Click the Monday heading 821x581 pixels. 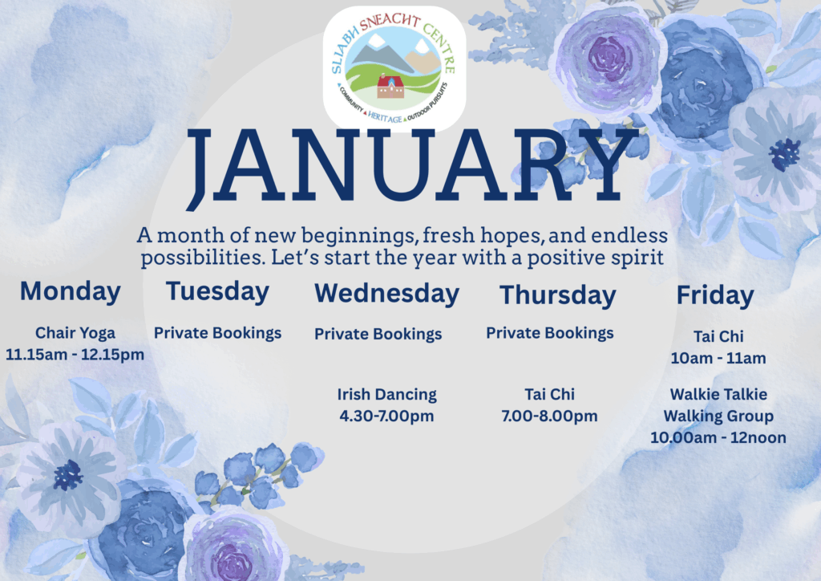click(71, 290)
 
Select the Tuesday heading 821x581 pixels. click(217, 290)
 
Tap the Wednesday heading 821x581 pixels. click(386, 293)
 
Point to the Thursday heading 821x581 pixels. click(557, 295)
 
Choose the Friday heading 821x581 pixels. click(715, 295)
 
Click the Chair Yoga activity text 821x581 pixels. click(75, 332)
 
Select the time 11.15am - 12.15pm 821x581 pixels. click(75, 354)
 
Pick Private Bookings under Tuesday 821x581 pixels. click(217, 332)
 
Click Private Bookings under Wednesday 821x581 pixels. click(378, 334)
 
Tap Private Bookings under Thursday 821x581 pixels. click(549, 332)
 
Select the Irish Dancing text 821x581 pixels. click(386, 394)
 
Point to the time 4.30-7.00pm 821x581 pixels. click(386, 416)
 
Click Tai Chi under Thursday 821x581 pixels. click(549, 394)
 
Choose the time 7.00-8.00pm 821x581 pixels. click(549, 416)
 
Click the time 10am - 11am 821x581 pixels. click(718, 358)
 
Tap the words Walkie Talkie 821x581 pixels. click(718, 394)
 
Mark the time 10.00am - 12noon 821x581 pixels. click(718, 437)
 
